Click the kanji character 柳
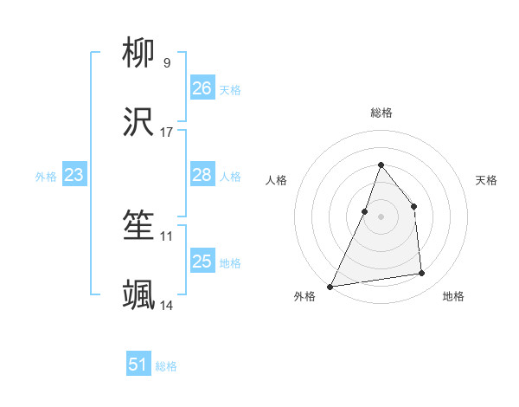pyautogui.click(x=139, y=55)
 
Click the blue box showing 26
pyautogui.click(x=202, y=88)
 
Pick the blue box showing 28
pyautogui.click(x=202, y=175)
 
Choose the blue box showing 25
pyautogui.click(x=202, y=262)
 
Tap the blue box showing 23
pyautogui.click(x=74, y=175)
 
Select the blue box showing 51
pyautogui.click(x=138, y=365)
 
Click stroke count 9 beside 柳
pyautogui.click(x=166, y=63)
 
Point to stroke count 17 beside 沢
pyautogui.click(x=167, y=132)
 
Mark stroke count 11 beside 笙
pyautogui.click(x=167, y=236)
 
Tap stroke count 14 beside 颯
pyautogui.click(x=167, y=306)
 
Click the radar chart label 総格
pyautogui.click(x=381, y=113)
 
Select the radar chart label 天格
pyautogui.click(x=487, y=180)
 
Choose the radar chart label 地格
pyautogui.click(x=453, y=296)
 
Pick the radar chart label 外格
pyautogui.click(x=304, y=296)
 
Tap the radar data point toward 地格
pyautogui.click(x=422, y=274)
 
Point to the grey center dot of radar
pyautogui.click(x=381, y=216)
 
